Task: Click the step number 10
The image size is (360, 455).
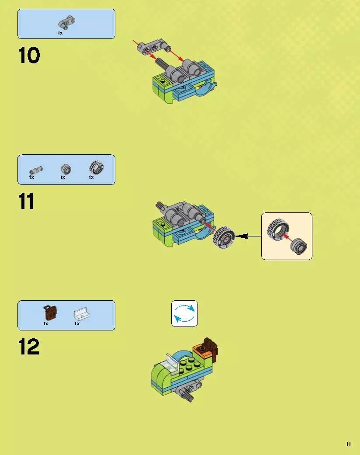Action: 29,55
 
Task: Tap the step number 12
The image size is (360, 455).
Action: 29,347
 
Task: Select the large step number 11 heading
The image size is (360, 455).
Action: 26,201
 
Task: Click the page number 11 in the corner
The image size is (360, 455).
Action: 348,444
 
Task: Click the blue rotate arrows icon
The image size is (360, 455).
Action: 184,313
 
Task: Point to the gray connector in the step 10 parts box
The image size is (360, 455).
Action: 67,22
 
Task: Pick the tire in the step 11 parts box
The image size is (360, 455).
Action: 96,167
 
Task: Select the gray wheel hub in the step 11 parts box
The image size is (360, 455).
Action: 66,169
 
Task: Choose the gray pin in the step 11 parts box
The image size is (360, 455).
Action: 36,170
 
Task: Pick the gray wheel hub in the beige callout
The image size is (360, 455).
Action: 298,247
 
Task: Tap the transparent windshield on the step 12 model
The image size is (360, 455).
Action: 172,362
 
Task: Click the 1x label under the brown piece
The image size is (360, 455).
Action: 46,323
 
